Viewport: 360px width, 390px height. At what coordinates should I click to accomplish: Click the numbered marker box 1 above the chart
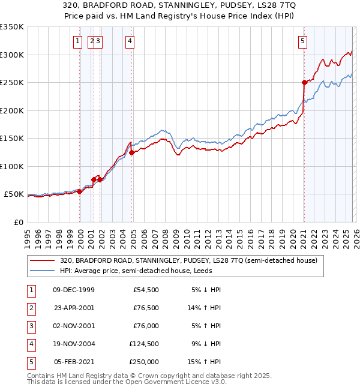pyautogui.click(x=78, y=41)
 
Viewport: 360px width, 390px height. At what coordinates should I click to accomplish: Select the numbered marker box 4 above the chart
pyautogui.click(x=130, y=41)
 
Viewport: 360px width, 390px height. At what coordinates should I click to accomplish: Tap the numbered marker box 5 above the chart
pyautogui.click(x=302, y=41)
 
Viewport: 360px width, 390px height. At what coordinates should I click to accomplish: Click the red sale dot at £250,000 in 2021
pyautogui.click(x=304, y=82)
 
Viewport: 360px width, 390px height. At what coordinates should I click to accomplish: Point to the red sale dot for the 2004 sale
pyautogui.click(x=132, y=152)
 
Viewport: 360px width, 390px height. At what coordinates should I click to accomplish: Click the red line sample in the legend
pyautogui.click(x=43, y=260)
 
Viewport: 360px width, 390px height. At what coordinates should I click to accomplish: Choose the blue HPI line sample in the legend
pyautogui.click(x=43, y=271)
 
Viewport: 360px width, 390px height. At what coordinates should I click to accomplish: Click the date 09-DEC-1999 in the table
pyautogui.click(x=74, y=289)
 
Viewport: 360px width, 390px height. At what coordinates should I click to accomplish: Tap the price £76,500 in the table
pyautogui.click(x=144, y=308)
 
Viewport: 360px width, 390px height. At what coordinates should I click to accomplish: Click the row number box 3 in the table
pyautogui.click(x=31, y=326)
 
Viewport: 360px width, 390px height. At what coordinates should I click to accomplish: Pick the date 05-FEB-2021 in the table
pyautogui.click(x=74, y=362)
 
